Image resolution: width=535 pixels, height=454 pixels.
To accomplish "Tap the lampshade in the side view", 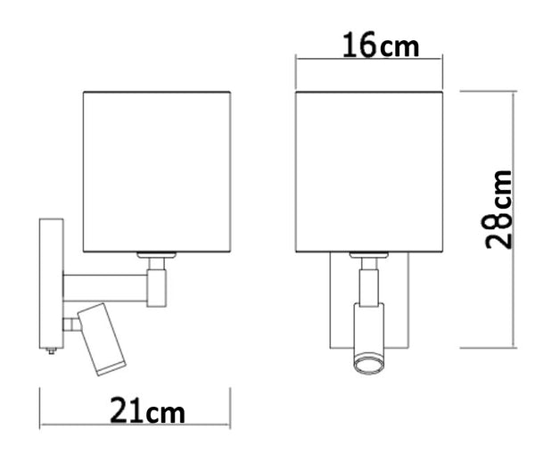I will click(x=158, y=169).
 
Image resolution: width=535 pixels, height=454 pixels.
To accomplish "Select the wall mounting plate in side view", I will click(x=50, y=283).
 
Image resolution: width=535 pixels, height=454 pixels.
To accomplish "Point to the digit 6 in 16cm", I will click(x=366, y=44).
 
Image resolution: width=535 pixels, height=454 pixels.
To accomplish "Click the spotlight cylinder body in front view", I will click(x=367, y=330).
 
